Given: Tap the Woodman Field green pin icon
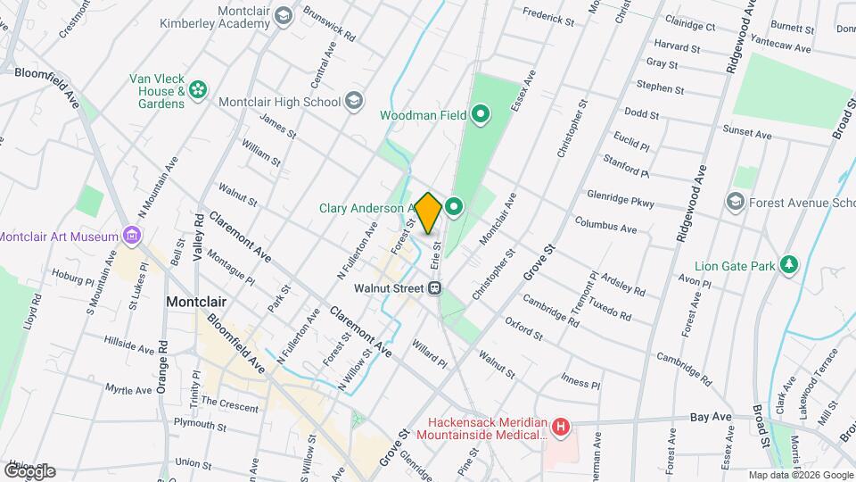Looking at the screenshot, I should point(481,113).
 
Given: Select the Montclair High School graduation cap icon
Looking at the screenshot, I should point(355,101).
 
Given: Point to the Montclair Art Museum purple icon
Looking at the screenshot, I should point(133,236).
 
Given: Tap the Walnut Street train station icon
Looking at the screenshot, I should point(435,288).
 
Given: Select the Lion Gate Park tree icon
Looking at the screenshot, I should point(787,265).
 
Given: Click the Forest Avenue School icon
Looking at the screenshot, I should point(736,202).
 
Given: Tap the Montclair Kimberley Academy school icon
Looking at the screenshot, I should point(283,15).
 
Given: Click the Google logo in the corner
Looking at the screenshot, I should point(29,470).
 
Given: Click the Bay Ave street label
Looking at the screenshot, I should point(711,417).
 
